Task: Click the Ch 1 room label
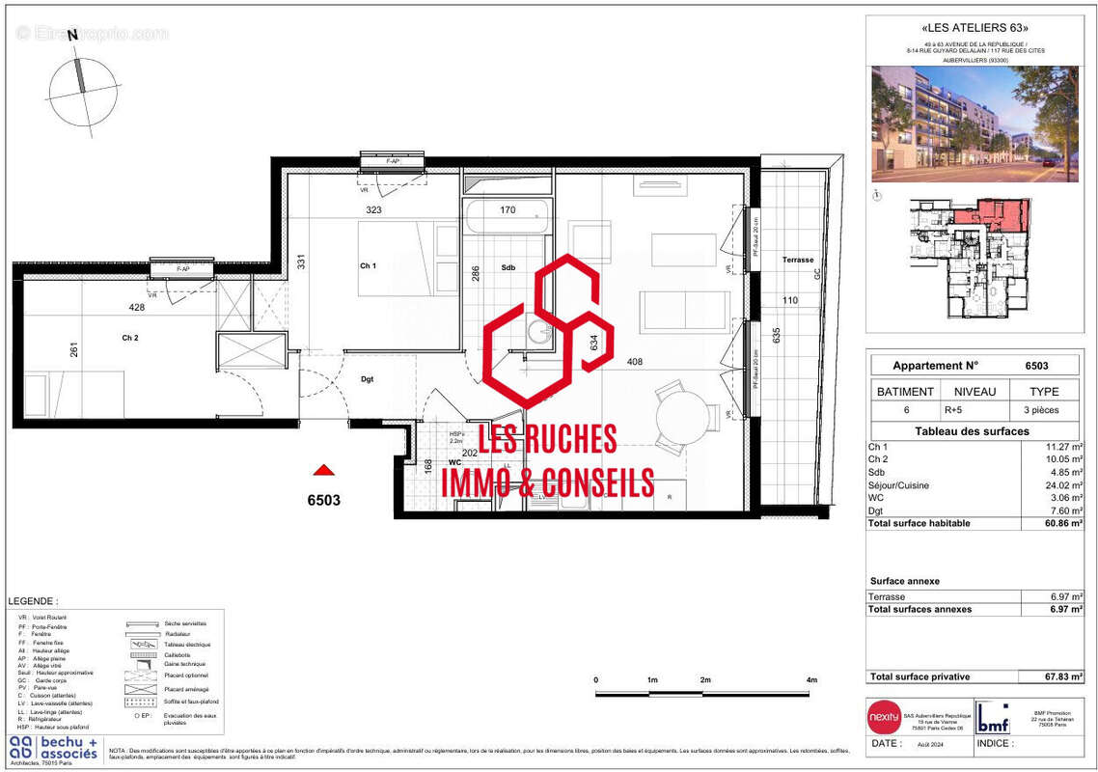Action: tap(368, 265)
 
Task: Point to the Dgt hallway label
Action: tap(368, 379)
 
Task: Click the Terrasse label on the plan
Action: tap(798, 260)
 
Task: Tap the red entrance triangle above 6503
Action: tap(325, 470)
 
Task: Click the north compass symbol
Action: tap(82, 89)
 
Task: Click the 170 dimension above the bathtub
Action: tap(508, 209)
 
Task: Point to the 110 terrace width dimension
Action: tap(790, 300)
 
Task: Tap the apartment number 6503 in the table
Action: tap(1036, 366)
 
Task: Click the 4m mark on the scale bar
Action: tap(812, 681)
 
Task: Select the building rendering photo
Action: tap(974, 124)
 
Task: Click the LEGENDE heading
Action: tap(32, 600)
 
